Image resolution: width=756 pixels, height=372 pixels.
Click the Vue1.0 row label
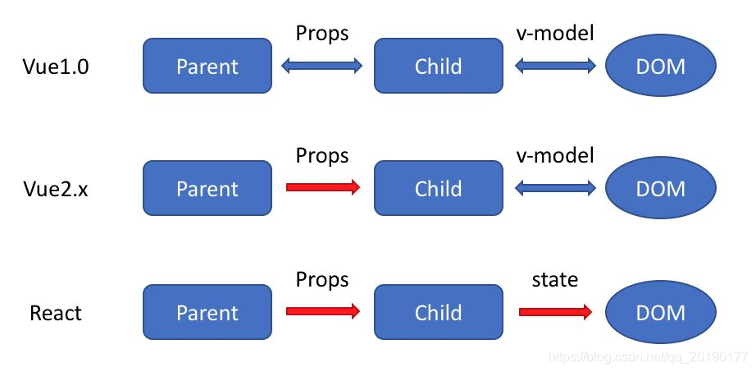[56, 67]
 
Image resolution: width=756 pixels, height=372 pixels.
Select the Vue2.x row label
[56, 189]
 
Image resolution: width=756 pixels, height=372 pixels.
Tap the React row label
[56, 313]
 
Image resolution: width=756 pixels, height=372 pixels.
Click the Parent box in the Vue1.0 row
[207, 66]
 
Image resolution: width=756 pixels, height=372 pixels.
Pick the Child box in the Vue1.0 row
[438, 66]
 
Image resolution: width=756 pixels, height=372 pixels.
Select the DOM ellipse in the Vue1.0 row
[660, 66]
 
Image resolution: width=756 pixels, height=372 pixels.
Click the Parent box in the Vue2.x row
[207, 188]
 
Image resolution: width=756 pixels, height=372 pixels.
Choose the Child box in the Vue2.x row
[438, 188]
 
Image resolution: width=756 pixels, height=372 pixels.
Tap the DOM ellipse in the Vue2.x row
[660, 188]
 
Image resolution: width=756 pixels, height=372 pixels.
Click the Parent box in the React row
[207, 312]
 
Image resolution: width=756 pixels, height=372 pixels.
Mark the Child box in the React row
[438, 312]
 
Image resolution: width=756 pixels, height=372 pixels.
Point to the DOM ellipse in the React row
[660, 312]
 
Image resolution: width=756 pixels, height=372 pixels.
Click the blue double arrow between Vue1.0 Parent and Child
[322, 66]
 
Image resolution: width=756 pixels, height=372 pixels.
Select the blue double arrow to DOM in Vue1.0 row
[555, 66]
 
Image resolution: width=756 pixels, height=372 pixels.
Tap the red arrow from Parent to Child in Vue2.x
[322, 188]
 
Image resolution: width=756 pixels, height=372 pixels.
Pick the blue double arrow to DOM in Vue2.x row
[555, 188]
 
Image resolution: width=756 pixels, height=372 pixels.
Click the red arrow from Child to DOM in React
[555, 312]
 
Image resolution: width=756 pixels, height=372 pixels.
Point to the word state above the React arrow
[555, 280]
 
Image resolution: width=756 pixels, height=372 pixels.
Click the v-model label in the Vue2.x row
[555, 156]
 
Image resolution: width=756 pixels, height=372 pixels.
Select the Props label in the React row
[322, 280]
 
